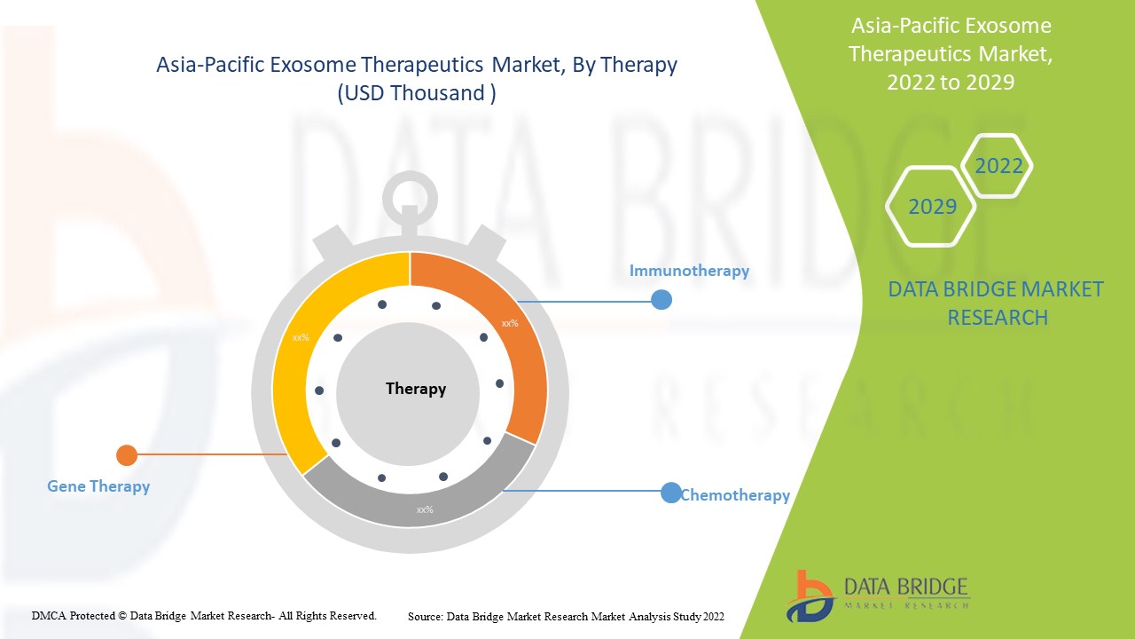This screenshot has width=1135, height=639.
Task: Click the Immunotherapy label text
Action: [689, 271]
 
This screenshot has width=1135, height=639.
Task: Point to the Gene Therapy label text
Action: [98, 486]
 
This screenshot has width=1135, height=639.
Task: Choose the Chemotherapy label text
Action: [735, 495]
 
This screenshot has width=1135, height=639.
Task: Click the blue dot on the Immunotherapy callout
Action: [661, 300]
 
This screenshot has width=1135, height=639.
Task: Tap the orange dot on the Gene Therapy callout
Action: [127, 455]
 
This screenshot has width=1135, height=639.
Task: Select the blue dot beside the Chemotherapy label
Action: [671, 493]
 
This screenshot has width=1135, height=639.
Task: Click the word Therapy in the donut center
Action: [416, 389]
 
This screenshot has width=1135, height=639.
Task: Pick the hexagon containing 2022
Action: [998, 166]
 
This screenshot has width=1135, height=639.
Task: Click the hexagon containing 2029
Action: [931, 206]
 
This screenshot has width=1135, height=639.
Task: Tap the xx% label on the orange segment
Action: [510, 324]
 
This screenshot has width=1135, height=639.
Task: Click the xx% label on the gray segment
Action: [425, 509]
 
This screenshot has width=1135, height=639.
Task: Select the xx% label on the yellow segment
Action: [301, 337]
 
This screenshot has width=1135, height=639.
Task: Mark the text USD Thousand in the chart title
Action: [417, 93]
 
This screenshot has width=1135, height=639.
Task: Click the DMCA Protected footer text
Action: [204, 615]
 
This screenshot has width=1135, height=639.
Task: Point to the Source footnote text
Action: [566, 616]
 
